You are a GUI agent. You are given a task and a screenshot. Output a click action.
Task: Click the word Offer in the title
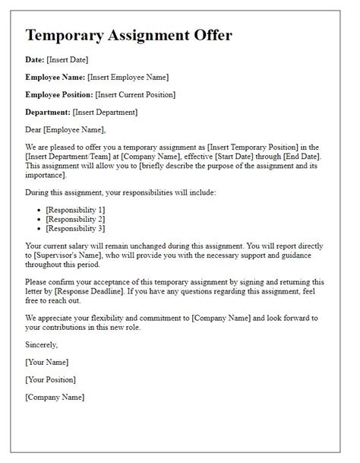tap(204, 35)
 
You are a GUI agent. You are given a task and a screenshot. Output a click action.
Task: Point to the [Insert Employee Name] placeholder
tap(128, 77)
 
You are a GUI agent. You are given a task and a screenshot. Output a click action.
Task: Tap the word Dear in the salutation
tap(35, 130)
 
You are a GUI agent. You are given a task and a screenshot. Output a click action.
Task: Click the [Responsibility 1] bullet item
tap(75, 209)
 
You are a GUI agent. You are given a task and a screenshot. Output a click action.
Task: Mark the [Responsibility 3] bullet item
tap(75, 228)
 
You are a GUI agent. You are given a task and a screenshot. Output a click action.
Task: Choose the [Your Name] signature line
tap(47, 362)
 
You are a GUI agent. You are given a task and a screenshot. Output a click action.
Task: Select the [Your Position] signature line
tap(51, 379)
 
